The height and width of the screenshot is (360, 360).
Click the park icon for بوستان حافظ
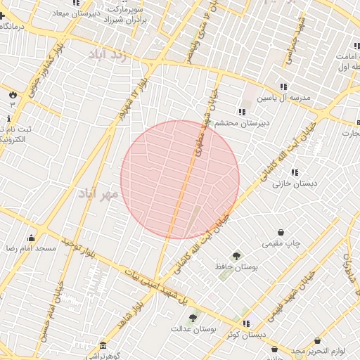[x=236, y=256]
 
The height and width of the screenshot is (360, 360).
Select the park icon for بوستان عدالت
[x=193, y=318]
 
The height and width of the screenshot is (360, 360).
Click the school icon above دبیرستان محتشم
[x=241, y=112]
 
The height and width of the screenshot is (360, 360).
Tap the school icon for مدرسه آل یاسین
[x=283, y=87]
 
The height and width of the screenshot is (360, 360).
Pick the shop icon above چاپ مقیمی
[x=281, y=233]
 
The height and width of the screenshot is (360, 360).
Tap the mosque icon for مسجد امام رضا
[x=30, y=238]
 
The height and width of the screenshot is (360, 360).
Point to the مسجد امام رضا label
[x=30, y=249]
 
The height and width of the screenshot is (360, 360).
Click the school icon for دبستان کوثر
[x=246, y=323]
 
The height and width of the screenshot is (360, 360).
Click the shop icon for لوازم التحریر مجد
[x=317, y=341]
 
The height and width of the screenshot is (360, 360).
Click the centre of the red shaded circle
[x=180, y=179]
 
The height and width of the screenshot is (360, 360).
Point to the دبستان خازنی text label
[x=295, y=183]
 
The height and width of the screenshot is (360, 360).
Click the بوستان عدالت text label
[x=193, y=328]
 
